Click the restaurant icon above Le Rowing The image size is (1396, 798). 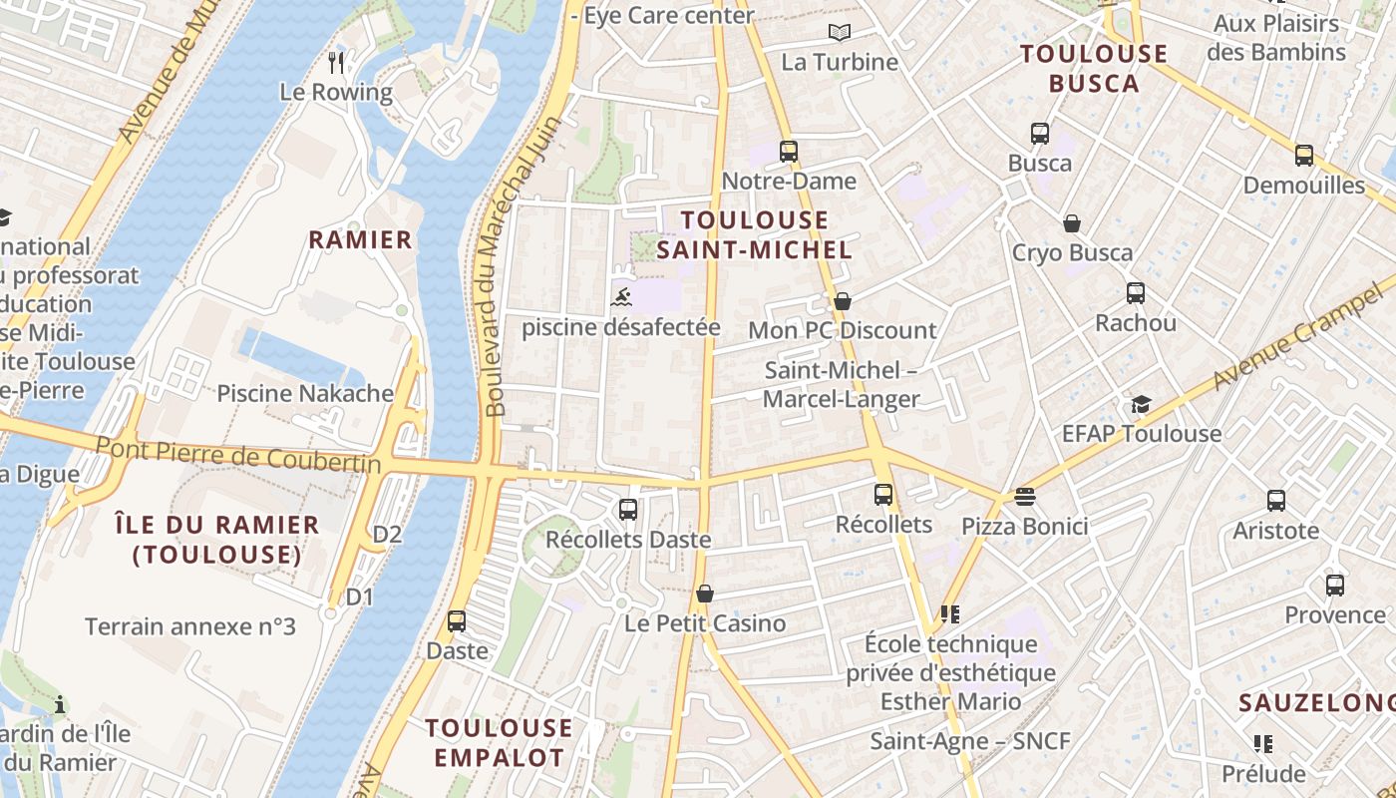click(336, 63)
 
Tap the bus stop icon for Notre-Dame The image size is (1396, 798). click(789, 152)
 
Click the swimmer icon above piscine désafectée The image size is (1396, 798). click(621, 297)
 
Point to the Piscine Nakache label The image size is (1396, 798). click(305, 393)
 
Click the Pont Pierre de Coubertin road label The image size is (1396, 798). click(238, 455)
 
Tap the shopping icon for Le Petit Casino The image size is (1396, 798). click(705, 594)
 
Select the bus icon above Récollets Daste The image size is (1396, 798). click(628, 510)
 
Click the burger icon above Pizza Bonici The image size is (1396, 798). click(1024, 496)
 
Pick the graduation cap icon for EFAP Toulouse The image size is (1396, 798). click(1141, 404)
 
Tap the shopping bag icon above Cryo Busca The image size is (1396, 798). click(1072, 222)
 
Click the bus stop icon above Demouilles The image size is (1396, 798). click(1303, 156)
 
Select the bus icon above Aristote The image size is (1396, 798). click(1275, 501)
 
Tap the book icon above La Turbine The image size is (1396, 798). click(840, 33)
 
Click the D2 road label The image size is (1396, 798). click(387, 535)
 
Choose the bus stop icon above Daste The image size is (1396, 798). click(457, 621)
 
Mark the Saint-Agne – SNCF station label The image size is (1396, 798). click(969, 741)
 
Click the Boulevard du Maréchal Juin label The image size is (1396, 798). click(523, 267)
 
